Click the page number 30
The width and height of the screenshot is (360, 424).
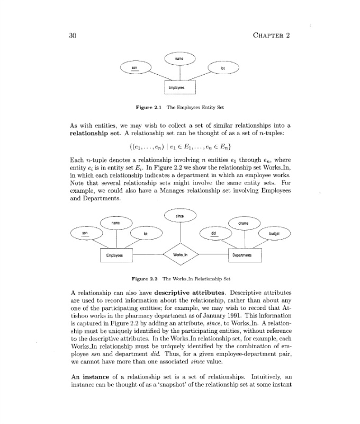point(74,36)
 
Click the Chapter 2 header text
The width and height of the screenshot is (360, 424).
point(269,36)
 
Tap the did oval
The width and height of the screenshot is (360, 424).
point(213,233)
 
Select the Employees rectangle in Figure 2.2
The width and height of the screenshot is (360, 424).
point(115,255)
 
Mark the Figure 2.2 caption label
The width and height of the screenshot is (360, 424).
point(145,278)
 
